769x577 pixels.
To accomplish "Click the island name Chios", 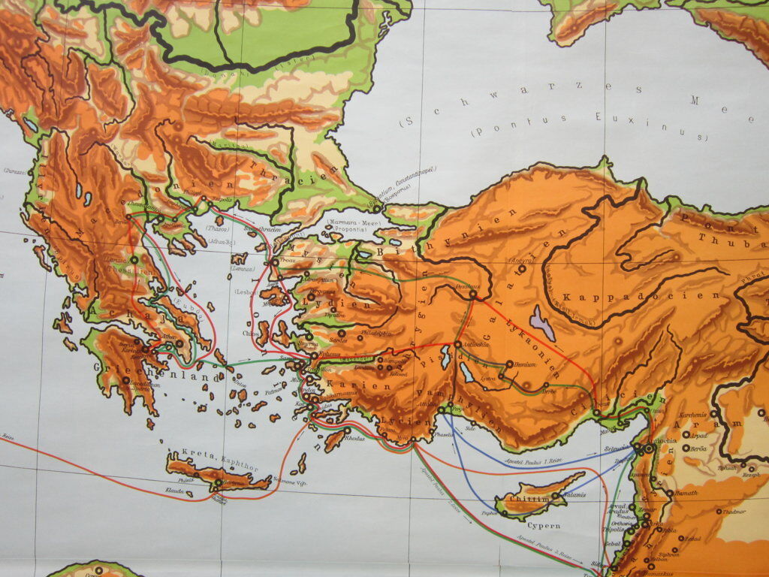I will coord(248,331).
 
